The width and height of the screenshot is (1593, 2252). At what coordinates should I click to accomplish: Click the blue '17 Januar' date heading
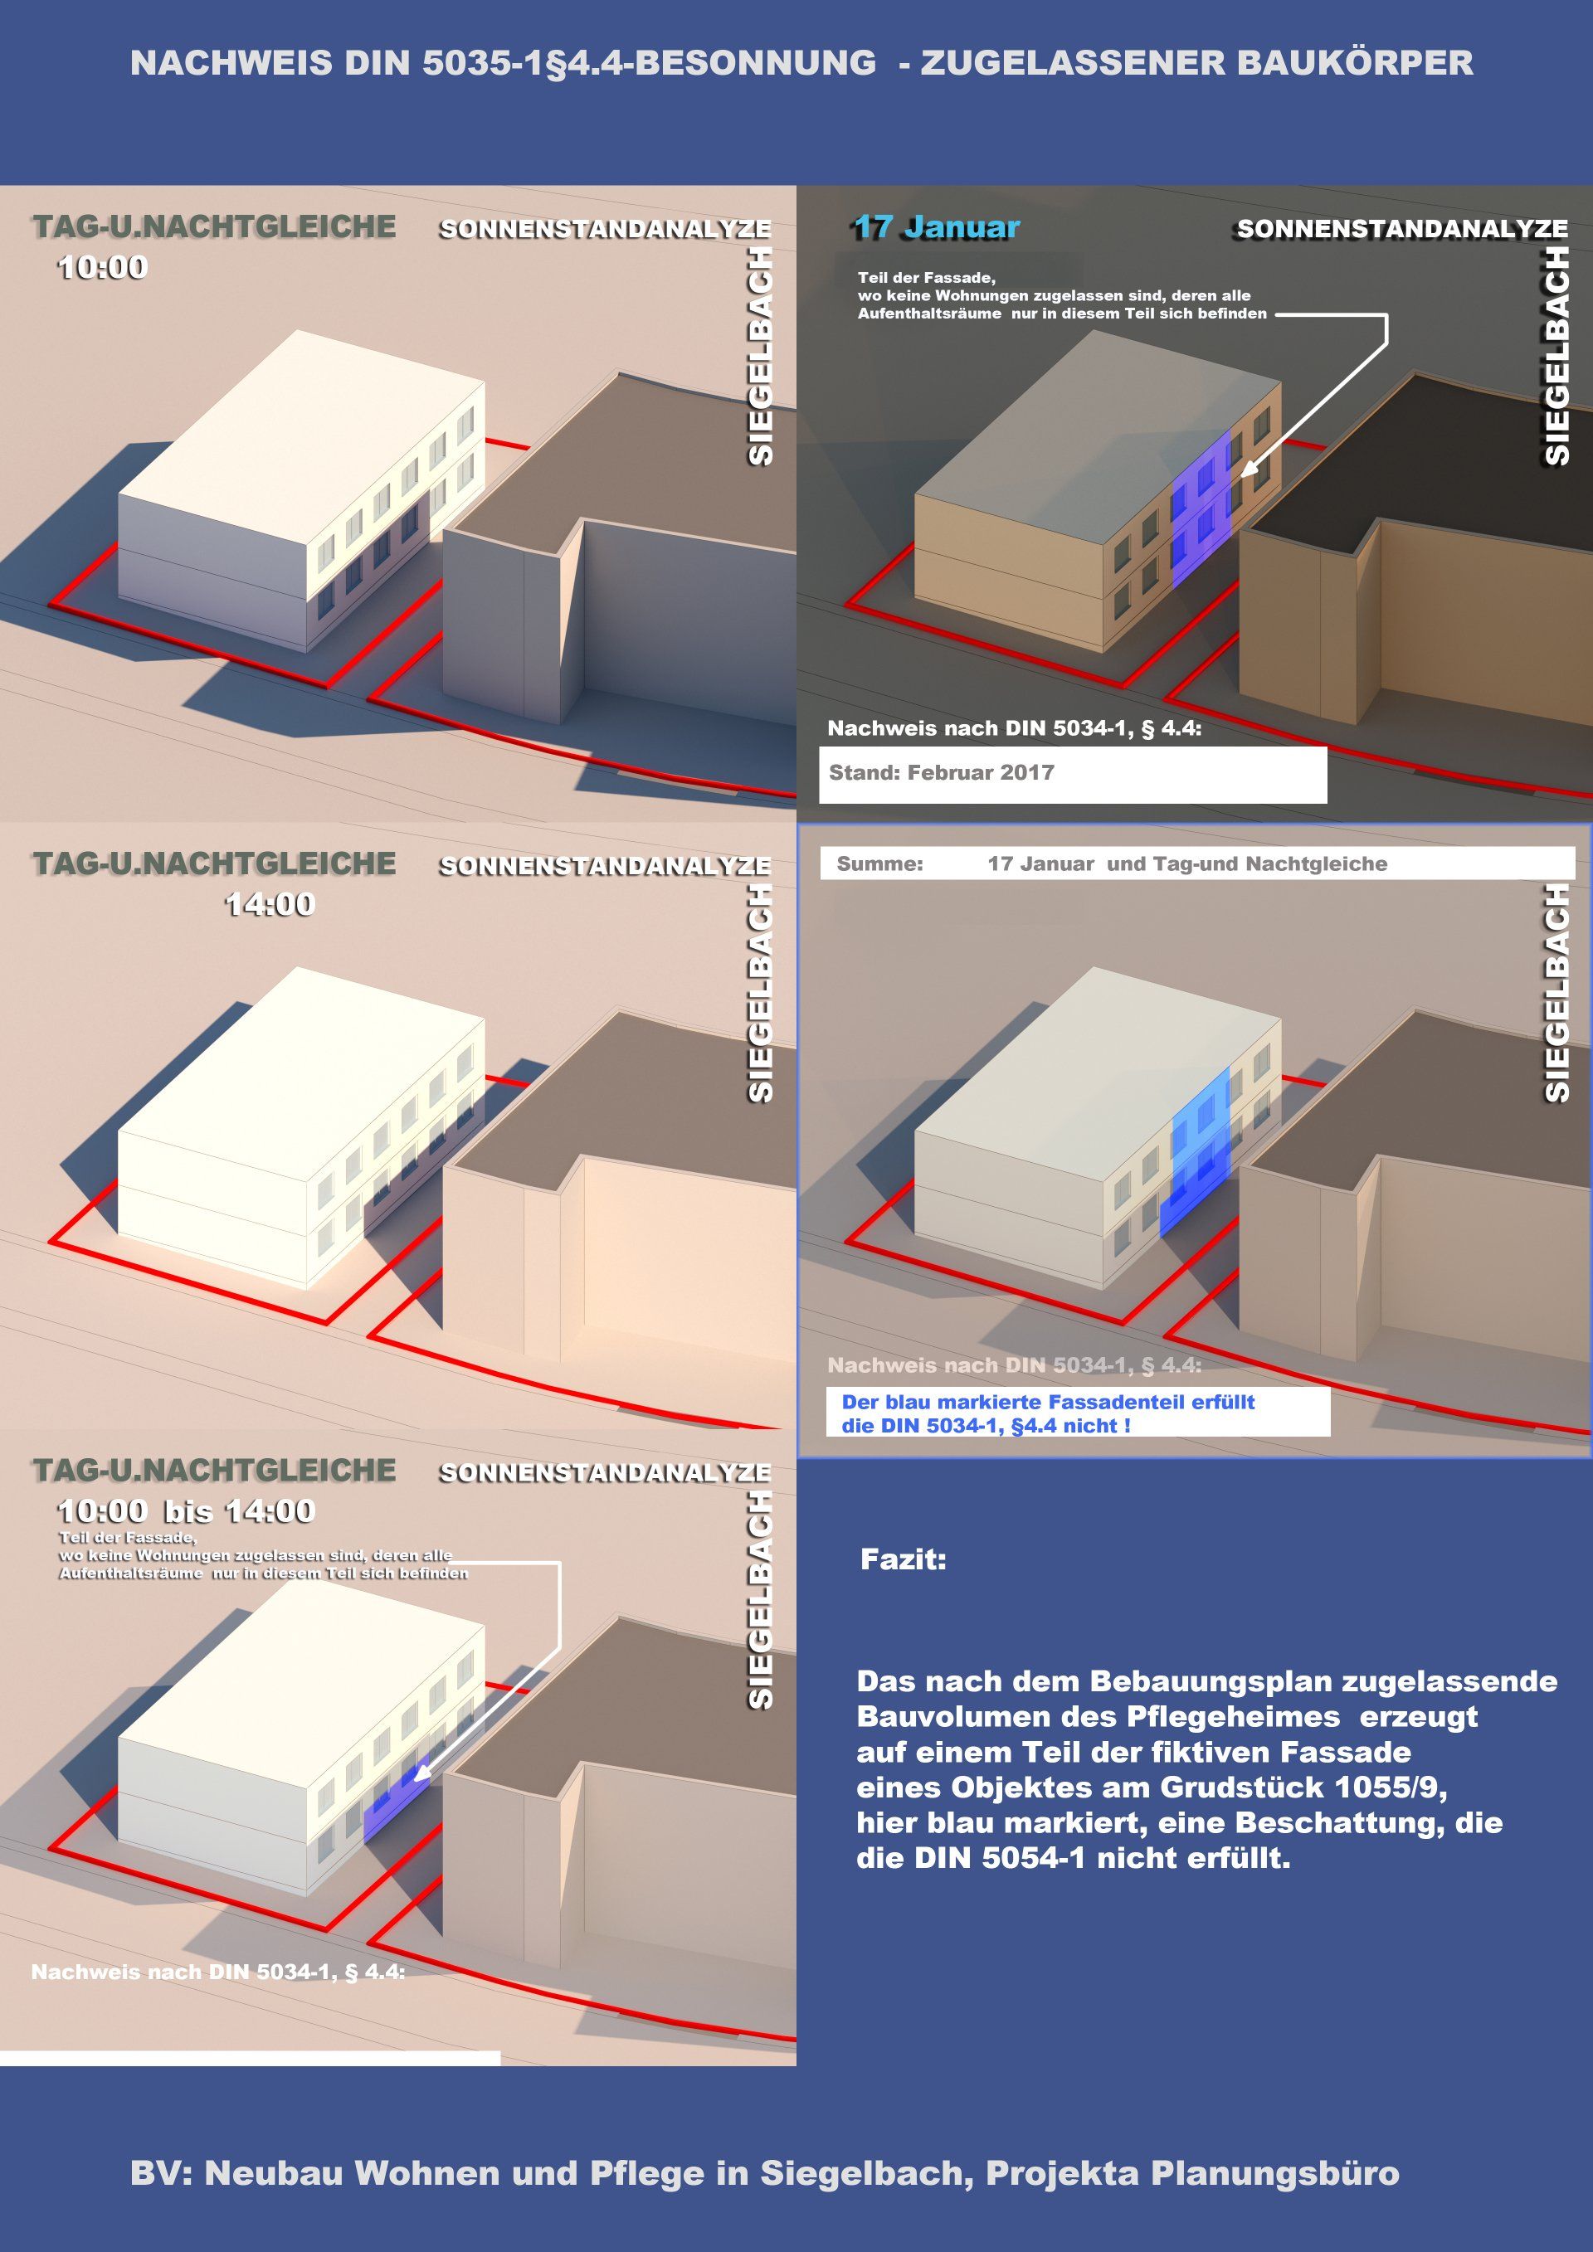point(937,226)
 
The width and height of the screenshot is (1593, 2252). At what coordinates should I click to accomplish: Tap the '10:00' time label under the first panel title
point(103,267)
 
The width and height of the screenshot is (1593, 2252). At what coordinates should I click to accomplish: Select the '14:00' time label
point(270,903)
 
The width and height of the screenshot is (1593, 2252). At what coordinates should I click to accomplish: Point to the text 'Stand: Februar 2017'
point(942,772)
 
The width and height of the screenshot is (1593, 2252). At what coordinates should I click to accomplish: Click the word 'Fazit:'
point(904,1559)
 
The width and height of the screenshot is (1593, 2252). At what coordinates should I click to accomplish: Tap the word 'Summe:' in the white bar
point(879,864)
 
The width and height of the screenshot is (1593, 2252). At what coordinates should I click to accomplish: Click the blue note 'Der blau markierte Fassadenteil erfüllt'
point(1048,1402)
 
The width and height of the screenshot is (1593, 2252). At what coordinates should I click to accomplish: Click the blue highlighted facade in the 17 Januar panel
point(1201,508)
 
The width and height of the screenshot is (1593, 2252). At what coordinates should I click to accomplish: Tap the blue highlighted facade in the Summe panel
point(1196,1150)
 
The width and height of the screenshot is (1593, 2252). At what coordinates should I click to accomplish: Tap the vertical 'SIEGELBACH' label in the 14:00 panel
point(761,993)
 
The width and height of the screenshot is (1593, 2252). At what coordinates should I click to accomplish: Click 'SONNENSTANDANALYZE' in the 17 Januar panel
point(1401,229)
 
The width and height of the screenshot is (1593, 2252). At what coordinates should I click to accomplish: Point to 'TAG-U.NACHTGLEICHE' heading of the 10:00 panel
point(214,226)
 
